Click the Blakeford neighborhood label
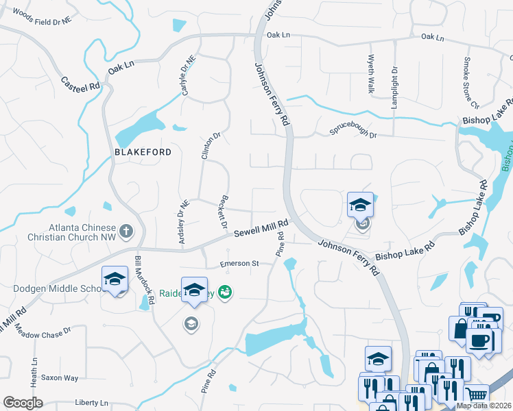(143, 151)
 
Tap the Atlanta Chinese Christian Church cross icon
(126, 232)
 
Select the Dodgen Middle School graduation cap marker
(115, 279)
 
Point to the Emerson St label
(238, 264)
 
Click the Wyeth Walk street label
(371, 74)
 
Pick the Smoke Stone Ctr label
(470, 83)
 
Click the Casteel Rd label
(81, 85)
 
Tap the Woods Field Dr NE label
(42, 18)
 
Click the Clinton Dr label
(210, 146)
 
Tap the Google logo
(23, 403)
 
